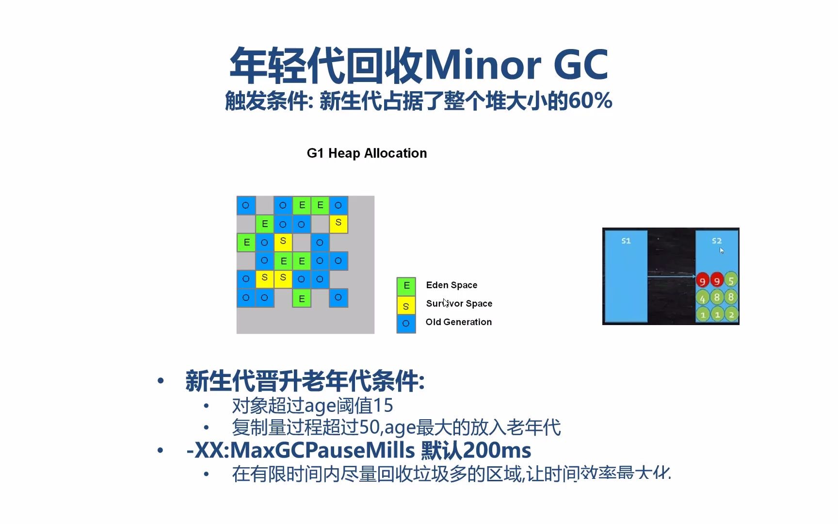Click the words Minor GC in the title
[516, 65]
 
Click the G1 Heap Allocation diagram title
[367, 153]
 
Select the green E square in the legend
[406, 286]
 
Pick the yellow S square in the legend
[406, 306]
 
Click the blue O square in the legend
[406, 324]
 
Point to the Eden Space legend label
[451, 285]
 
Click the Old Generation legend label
[458, 322]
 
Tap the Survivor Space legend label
[459, 304]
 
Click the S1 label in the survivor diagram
[626, 241]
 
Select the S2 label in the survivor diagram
[716, 241]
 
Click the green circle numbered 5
[731, 280]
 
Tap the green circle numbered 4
[702, 298]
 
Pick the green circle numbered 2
[731, 314]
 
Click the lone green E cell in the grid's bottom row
[302, 298]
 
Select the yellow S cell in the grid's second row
[338, 223]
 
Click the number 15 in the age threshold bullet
[383, 406]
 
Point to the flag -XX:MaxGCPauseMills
[300, 450]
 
